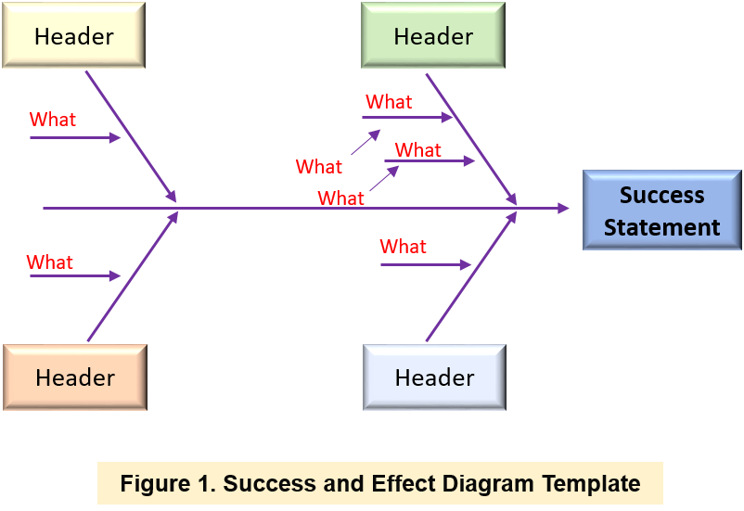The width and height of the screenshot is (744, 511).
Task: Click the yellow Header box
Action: pos(74,36)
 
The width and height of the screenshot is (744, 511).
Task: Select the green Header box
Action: pos(433,36)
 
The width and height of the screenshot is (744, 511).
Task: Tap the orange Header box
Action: pos(74,377)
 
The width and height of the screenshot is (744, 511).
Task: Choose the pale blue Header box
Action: pos(434,377)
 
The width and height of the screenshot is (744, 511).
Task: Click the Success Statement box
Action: pos(661,211)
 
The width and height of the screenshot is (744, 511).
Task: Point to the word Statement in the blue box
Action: pos(661,227)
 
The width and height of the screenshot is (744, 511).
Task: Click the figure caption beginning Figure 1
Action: pos(379,483)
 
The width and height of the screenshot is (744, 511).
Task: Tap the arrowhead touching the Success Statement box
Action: pos(563,209)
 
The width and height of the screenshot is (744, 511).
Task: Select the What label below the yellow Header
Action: pos(53,120)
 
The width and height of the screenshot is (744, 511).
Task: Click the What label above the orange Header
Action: pos(50,262)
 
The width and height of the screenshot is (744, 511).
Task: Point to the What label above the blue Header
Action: pos(404,247)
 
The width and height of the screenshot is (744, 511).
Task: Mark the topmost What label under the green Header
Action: pos(389,102)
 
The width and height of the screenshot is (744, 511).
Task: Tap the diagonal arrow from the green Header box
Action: pos(470,136)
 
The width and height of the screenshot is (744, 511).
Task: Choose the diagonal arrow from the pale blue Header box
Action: pos(470,276)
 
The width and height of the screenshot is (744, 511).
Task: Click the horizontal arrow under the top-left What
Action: pos(74,138)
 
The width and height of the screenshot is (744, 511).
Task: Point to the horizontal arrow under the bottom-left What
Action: pos(74,276)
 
